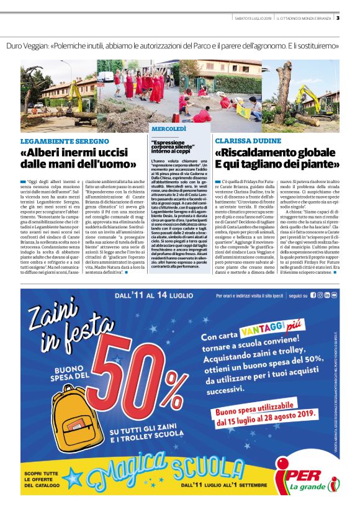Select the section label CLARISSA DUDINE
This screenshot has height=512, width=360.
(245, 141)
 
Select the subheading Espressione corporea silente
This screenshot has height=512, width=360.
(178, 146)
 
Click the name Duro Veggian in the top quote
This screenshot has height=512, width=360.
(29, 46)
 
